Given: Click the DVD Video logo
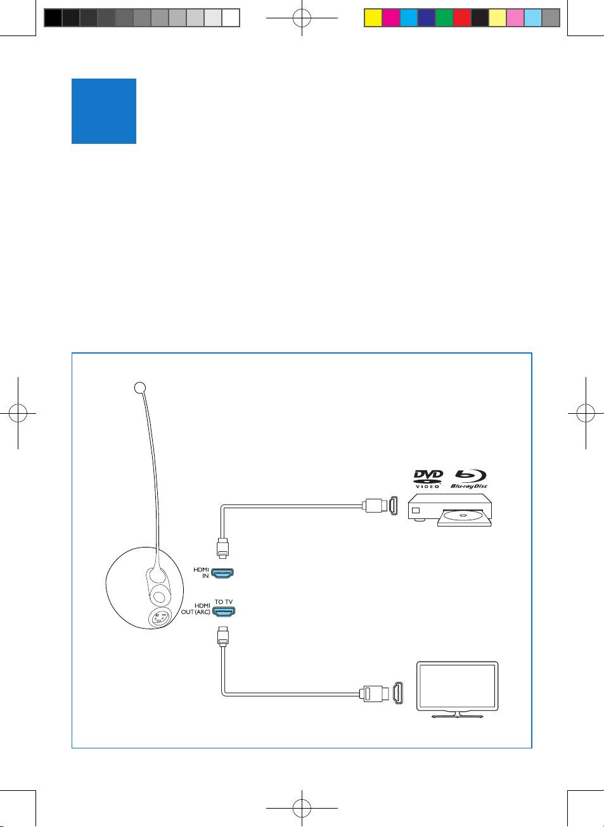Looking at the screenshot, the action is pos(428,479).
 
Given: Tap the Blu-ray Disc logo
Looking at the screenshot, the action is pos(469,479).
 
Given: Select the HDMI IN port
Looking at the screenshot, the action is pos(222,574).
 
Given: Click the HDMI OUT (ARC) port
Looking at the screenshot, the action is pos(222,612).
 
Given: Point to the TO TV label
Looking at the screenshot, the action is pos(223,601).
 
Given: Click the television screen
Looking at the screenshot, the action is pos(456,687).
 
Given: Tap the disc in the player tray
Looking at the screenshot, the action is pos(463,516).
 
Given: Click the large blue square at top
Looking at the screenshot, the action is pos(104,111).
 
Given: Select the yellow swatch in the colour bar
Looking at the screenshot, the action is pos(373,18).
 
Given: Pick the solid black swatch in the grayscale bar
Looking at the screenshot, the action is pos(53,18).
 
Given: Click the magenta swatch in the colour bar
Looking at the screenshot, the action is pos(390,18).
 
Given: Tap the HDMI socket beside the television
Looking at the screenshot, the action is pos(398,693).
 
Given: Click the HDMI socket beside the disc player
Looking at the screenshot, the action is pos(393,506).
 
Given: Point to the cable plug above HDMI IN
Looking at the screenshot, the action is pos(222,549).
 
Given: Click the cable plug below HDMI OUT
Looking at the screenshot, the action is pos(222,636).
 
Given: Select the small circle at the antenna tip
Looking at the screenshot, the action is pos(141,387).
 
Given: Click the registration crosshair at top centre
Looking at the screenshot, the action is pos(302,18).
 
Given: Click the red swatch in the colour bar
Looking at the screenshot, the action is pos(461,18).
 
